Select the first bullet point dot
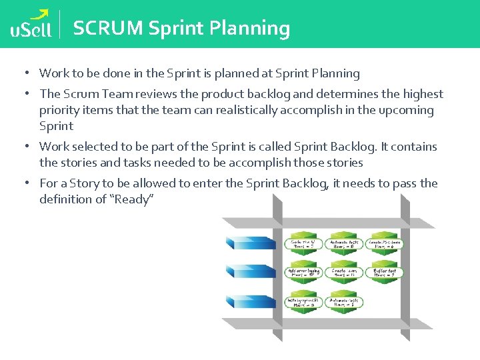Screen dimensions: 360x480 click(23, 73)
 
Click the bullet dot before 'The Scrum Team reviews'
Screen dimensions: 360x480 click(23, 94)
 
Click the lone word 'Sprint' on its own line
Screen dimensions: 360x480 click(56, 126)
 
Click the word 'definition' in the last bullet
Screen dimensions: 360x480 click(65, 199)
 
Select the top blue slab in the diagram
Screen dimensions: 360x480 click(251, 243)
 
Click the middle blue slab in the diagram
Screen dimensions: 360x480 click(251, 271)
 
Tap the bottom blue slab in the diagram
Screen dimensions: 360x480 click(251, 301)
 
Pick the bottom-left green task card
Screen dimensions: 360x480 click(304, 301)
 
